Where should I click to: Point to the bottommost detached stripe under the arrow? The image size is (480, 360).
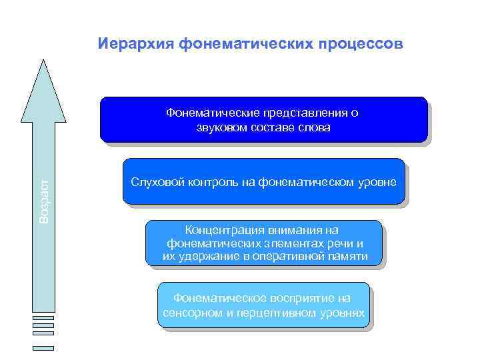tap(43, 347)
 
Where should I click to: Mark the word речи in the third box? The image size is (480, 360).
tap(343, 243)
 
